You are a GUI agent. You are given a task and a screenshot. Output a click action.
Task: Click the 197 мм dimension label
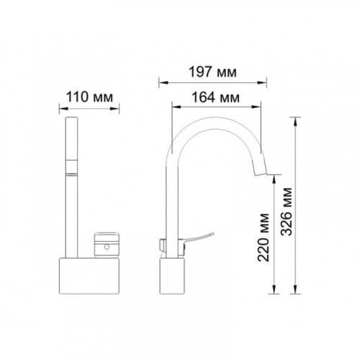212,72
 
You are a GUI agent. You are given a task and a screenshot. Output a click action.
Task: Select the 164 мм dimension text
215,97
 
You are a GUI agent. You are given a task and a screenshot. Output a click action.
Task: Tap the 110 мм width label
89,97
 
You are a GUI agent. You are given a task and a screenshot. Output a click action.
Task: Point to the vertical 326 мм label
287,212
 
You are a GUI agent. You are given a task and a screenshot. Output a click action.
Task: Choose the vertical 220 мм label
264,237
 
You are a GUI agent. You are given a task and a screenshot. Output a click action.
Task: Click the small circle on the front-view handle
107,247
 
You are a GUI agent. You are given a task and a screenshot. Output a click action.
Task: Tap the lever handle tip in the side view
212,234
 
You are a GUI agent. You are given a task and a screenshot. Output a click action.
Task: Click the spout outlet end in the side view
260,174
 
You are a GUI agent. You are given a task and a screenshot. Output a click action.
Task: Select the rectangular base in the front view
89,276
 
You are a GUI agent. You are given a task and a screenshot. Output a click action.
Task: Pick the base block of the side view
172,276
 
